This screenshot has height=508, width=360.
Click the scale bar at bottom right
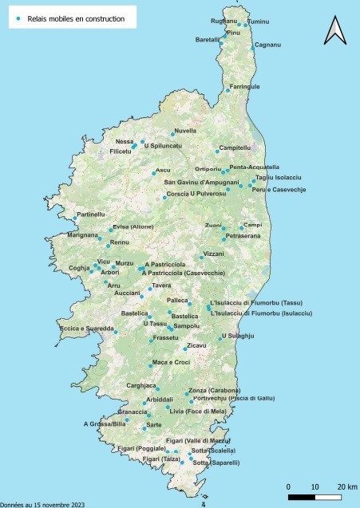(x=315, y=497)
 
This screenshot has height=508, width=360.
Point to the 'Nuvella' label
(x=185, y=130)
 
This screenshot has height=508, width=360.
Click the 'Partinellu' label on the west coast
(x=91, y=214)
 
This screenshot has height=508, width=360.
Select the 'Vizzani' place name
(x=214, y=254)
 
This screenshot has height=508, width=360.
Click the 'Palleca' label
(x=176, y=300)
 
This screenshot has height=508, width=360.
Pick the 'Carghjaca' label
(x=141, y=385)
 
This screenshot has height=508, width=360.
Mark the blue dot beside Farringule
(x=227, y=91)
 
